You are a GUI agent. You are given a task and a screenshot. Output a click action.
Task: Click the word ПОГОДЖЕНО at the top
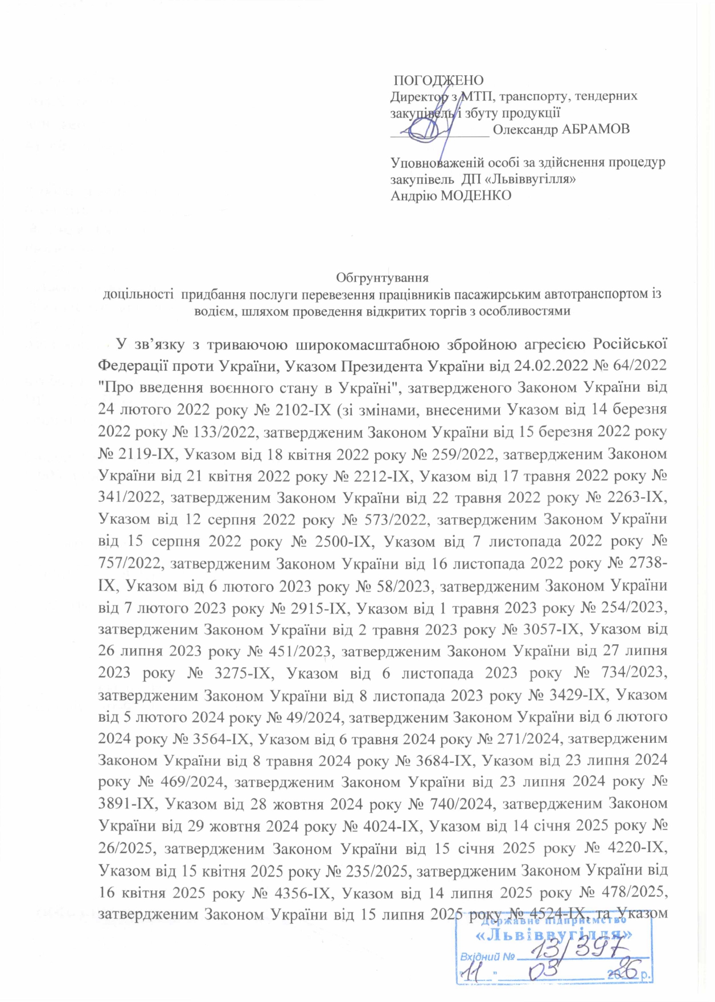coord(439,80)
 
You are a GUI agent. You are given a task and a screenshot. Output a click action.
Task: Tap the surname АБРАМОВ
coord(595,129)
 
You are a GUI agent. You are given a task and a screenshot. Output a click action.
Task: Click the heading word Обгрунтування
coord(382,278)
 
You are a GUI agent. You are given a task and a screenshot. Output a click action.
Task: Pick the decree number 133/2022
coord(216,432)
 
